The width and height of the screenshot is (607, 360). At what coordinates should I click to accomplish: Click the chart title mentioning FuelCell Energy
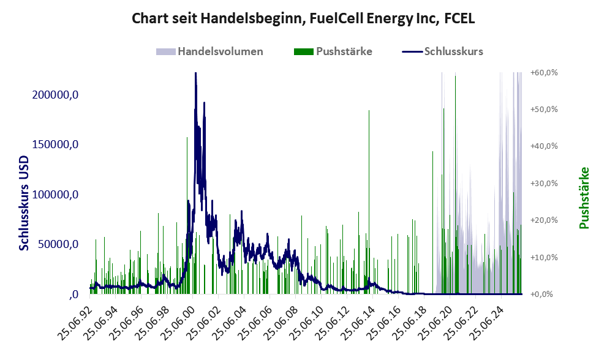pos(303,19)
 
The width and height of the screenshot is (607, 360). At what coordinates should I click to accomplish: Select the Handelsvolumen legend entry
pos(220,51)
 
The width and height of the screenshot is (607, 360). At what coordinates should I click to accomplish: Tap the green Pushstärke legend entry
pos(344,51)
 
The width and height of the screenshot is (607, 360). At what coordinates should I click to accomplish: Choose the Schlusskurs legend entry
pos(453,51)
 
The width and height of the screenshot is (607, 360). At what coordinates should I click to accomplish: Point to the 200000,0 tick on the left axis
pos(56,95)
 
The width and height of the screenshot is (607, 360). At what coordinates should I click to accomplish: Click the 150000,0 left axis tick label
pos(56,144)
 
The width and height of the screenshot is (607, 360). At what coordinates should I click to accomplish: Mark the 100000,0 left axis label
pos(56,195)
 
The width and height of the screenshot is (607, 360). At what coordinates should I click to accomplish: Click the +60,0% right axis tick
pos(543,72)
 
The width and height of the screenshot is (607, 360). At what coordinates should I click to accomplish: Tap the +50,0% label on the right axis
pos(543,109)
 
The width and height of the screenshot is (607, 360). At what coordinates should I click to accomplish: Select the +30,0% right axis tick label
pos(543,183)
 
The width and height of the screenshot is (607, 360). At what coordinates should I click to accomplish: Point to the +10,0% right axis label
pos(543,257)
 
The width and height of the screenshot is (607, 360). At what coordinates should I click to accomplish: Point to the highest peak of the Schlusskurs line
pos(195,74)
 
